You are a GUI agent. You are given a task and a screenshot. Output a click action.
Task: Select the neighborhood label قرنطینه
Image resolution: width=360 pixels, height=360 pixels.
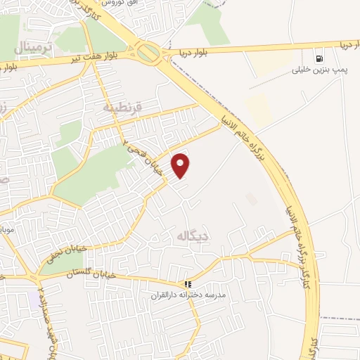coord(123,109)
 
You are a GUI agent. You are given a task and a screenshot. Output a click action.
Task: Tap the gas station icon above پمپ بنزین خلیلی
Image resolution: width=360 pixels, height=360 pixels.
coord(321,59)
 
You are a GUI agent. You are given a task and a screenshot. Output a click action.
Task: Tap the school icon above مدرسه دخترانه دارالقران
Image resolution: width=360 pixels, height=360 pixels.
coord(188,285)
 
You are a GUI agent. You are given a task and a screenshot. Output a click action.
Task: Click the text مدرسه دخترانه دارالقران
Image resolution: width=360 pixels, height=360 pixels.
coord(188,296)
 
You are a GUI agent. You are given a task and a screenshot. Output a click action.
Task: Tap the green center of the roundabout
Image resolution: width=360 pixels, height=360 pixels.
coord(148,51)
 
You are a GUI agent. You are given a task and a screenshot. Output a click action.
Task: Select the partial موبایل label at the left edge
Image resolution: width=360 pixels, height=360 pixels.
coord(6,230)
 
